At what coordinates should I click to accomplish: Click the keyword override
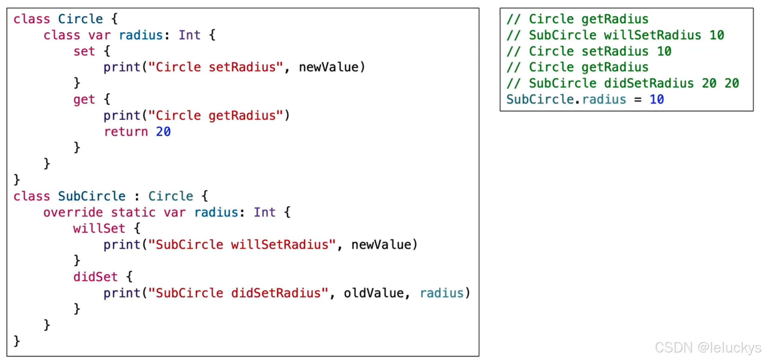coord(73,213)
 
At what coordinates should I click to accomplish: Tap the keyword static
coord(133,213)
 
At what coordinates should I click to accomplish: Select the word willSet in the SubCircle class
coord(99,229)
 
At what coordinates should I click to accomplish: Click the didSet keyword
coord(95,277)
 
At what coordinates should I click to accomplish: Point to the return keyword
coord(126,132)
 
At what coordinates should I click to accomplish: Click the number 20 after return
coord(163,132)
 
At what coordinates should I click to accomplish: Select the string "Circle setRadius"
coord(215,67)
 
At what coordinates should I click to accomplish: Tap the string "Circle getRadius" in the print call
coord(215,116)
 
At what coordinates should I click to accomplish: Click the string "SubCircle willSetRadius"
coord(242,245)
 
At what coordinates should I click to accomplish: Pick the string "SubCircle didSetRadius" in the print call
coord(238,293)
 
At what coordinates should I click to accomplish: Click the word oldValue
coord(374,293)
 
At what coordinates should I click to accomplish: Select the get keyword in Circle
coord(84,100)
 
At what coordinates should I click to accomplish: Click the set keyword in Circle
coord(84,51)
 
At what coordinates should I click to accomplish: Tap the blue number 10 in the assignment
coord(657,100)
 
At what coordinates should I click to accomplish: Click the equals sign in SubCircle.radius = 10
coord(638,100)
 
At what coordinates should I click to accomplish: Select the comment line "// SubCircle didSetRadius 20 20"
coord(622,83)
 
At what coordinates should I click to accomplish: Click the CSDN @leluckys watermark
coord(708,348)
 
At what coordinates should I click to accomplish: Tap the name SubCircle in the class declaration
coord(92,196)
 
